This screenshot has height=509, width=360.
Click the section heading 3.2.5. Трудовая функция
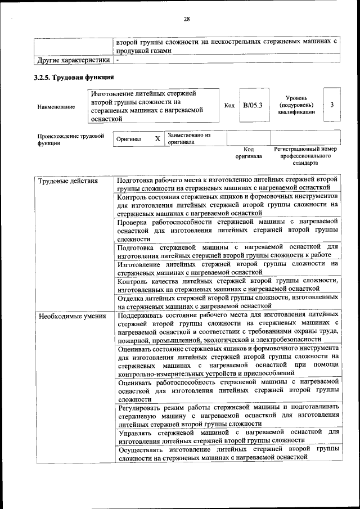74,77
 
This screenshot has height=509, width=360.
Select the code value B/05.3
253,105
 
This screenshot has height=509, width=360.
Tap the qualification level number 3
332,105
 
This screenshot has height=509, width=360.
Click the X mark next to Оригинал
157,138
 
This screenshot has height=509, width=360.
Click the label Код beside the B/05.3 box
229,105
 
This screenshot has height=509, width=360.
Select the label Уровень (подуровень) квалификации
296,105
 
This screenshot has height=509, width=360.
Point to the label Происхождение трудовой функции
70,139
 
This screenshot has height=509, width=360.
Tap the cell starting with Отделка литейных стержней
227,301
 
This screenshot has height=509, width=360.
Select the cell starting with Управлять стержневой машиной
227,436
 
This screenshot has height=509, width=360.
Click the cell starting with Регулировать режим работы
227,415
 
